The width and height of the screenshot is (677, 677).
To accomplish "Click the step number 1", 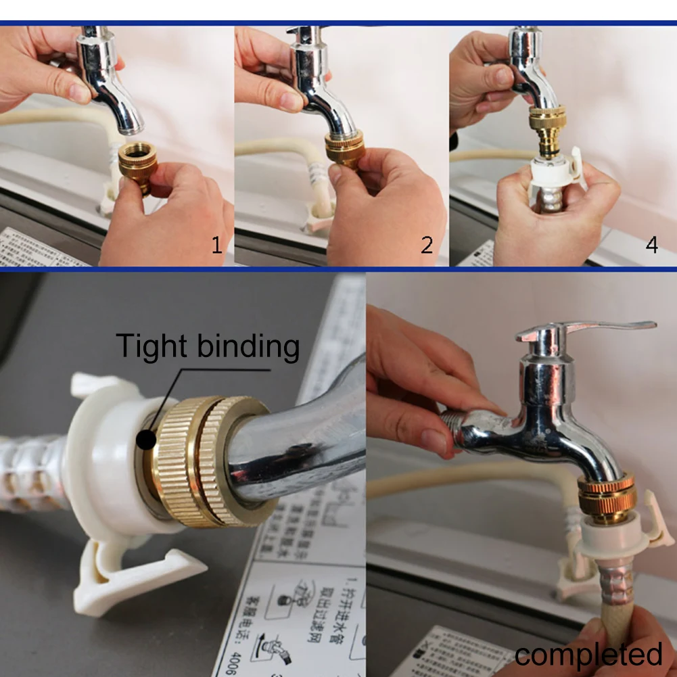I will click(216, 244).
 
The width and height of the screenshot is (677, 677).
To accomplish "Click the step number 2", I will click(427, 244).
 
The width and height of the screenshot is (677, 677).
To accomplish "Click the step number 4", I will click(651, 244).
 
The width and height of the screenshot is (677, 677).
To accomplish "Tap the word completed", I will click(588, 655).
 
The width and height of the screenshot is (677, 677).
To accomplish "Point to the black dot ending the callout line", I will click(145, 440).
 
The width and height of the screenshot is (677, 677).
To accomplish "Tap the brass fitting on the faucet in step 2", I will click(345, 149).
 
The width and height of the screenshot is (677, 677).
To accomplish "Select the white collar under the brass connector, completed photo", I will click(609, 534).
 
